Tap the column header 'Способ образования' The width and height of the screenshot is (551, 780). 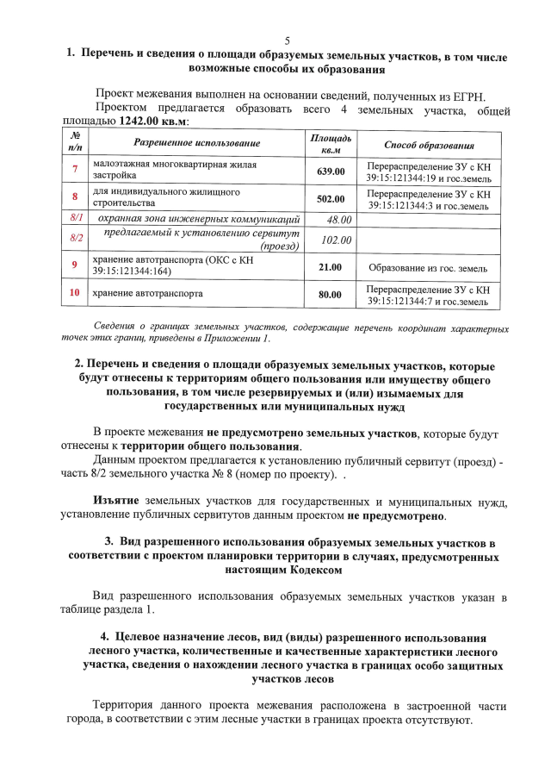(x=429, y=144)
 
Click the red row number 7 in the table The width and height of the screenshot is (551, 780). (x=75, y=170)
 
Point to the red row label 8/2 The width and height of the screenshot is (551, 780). (x=75, y=238)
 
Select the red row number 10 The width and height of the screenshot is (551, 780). (x=75, y=293)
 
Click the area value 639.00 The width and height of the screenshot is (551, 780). (x=331, y=171)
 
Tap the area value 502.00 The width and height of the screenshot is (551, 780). (x=331, y=199)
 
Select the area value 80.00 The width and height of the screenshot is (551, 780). (x=331, y=295)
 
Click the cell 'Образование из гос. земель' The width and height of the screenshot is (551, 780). (x=428, y=267)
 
